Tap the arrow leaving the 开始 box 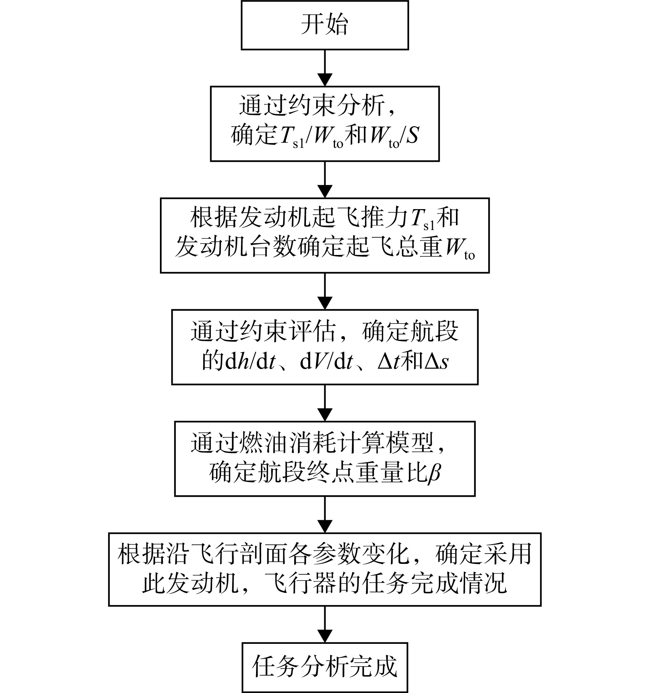pyautogui.click(x=325, y=68)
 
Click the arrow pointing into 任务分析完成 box pyautogui.click(x=325, y=624)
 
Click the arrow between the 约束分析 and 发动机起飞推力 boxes pyautogui.click(x=325, y=180)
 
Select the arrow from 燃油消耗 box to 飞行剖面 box pyautogui.click(x=325, y=515)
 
